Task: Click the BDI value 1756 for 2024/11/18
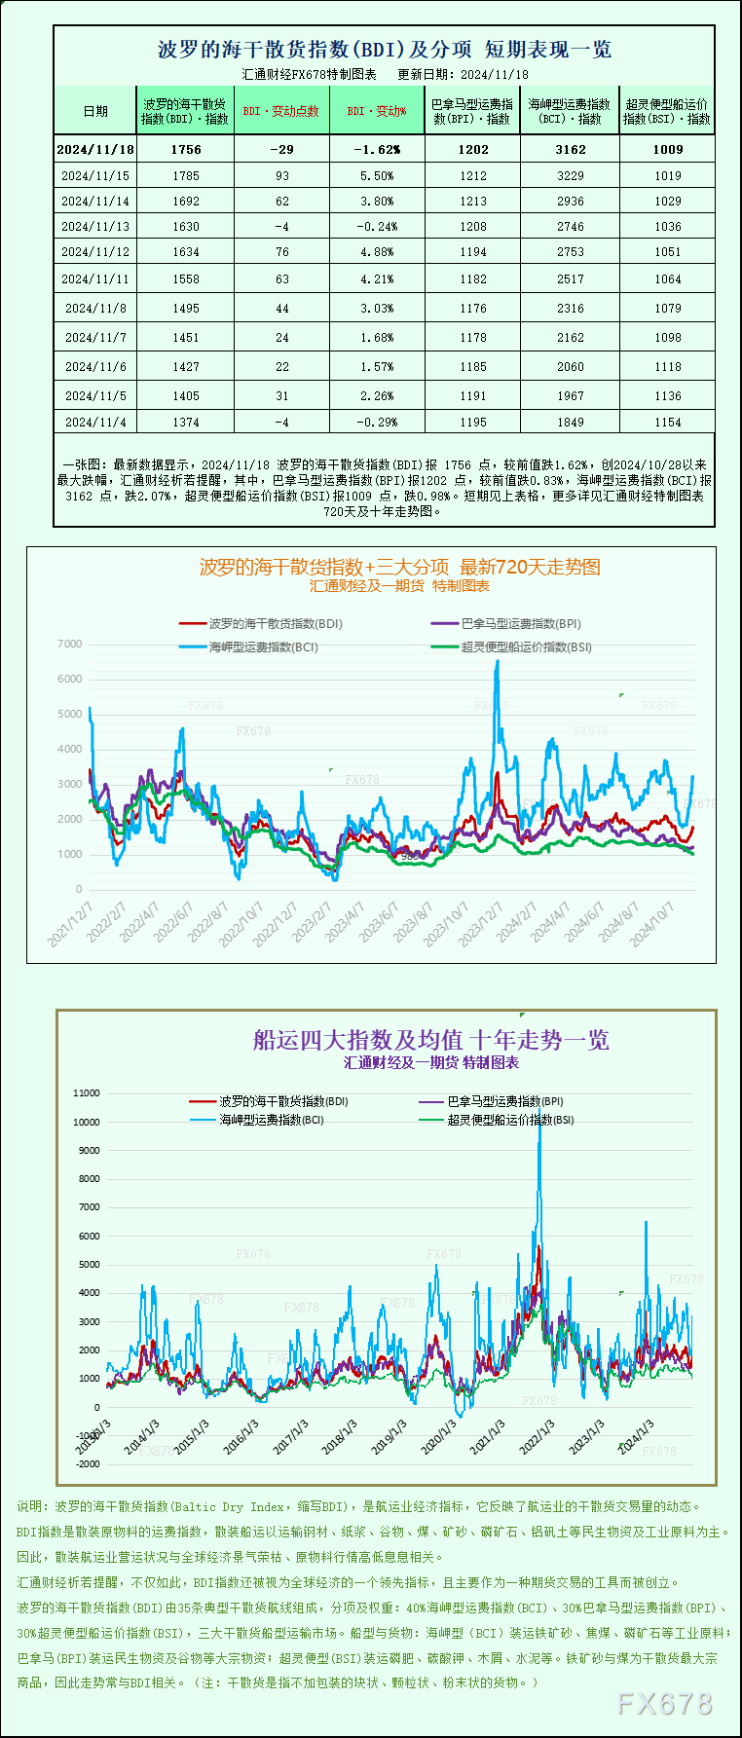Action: click(185, 149)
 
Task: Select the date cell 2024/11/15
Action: click(95, 176)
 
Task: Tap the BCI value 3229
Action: click(570, 176)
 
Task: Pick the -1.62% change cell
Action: click(376, 149)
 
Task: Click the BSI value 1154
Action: click(668, 422)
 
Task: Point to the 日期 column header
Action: click(95, 111)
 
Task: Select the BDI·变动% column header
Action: click(376, 111)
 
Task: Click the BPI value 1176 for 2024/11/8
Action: click(473, 308)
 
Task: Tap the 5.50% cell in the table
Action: click(376, 176)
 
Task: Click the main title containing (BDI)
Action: click(384, 50)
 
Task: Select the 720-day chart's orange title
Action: click(399, 567)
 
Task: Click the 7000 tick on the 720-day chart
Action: click(69, 645)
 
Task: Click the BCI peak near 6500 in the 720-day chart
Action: click(498, 662)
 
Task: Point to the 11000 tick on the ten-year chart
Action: click(87, 1093)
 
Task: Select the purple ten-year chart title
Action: click(430, 1040)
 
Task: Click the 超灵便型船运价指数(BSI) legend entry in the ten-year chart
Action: click(510, 1120)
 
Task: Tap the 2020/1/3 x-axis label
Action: click(439, 1436)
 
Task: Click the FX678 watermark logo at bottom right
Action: click(665, 1703)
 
